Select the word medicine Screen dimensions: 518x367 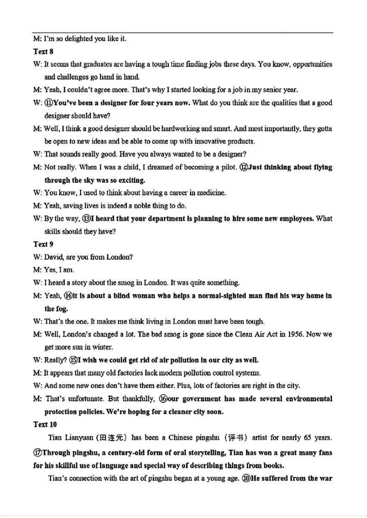point(211,193)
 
